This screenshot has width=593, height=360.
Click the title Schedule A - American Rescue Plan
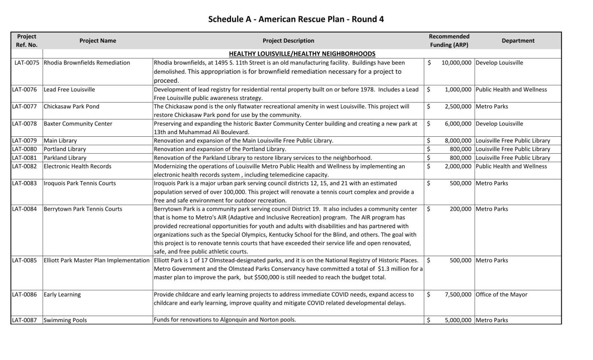[x=296, y=19]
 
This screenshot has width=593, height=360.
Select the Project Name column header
[x=98, y=41]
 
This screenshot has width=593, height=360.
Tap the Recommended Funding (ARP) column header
[x=449, y=41]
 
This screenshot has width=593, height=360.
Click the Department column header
[x=518, y=41]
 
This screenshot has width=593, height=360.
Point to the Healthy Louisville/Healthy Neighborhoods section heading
[x=302, y=54]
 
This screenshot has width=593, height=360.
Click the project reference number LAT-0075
[x=27, y=63]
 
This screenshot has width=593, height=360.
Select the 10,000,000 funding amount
[x=456, y=63]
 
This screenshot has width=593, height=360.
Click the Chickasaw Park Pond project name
[x=71, y=107]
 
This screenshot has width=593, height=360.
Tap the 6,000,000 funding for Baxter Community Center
[x=458, y=124]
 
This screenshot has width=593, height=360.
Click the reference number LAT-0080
[x=25, y=149]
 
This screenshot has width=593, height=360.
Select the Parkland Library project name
[x=65, y=158]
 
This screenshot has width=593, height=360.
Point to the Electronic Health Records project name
[x=77, y=166]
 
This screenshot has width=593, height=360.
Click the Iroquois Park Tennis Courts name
[x=79, y=183]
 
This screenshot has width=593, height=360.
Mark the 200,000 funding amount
[x=460, y=209]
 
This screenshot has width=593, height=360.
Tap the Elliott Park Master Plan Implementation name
[x=97, y=260]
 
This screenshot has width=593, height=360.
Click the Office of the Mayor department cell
[x=501, y=295]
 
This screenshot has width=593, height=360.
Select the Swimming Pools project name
[x=65, y=320]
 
